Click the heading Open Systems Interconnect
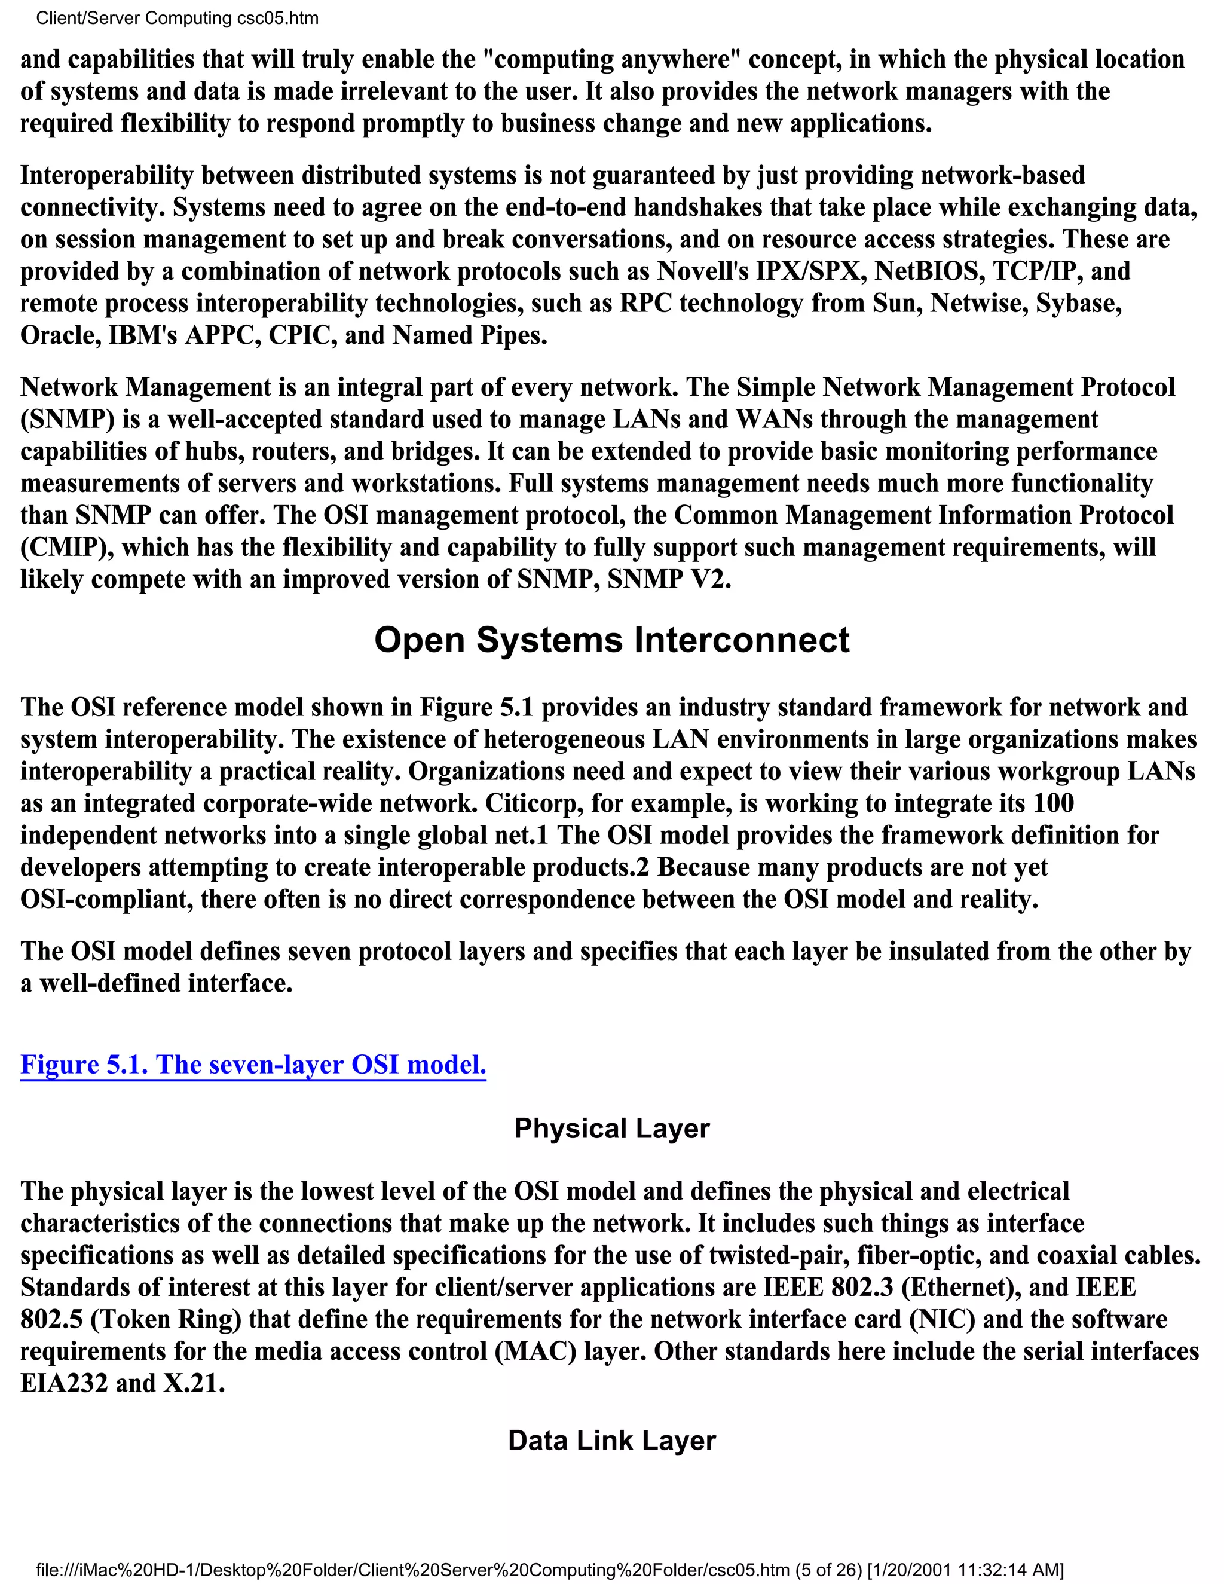[611, 640]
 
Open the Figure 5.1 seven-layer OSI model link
[253, 1064]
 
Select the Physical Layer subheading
[611, 1129]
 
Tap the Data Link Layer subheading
[611, 1441]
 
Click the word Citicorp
[533, 803]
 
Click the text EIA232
[64, 1383]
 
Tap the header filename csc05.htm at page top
[279, 18]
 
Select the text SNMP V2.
[668, 579]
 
